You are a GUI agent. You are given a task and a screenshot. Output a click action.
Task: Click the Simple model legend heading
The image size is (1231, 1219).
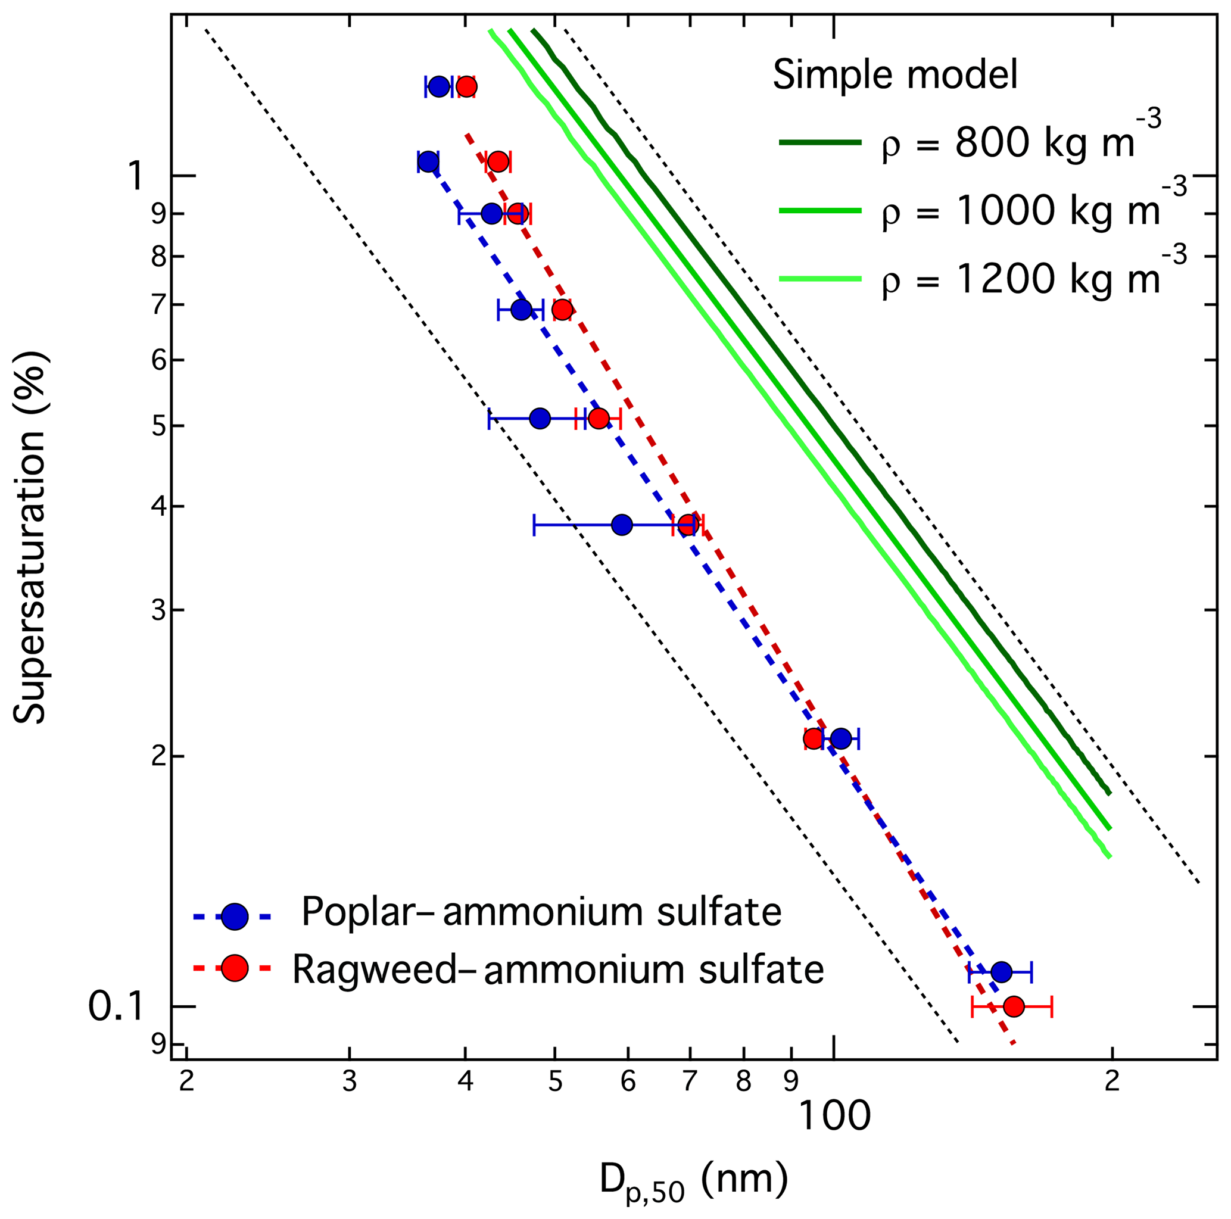(895, 74)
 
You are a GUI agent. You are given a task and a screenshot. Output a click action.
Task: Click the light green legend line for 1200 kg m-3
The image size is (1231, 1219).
(820, 279)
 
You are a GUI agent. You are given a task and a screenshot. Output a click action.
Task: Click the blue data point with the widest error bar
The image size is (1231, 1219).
(621, 525)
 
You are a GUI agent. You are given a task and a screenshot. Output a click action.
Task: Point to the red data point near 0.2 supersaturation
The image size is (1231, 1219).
(813, 738)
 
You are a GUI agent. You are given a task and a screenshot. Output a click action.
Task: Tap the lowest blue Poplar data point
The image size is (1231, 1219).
(1001, 972)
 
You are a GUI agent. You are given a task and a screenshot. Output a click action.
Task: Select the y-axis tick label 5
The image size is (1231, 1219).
(158, 426)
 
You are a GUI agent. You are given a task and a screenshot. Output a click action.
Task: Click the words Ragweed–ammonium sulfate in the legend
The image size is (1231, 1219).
(558, 969)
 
